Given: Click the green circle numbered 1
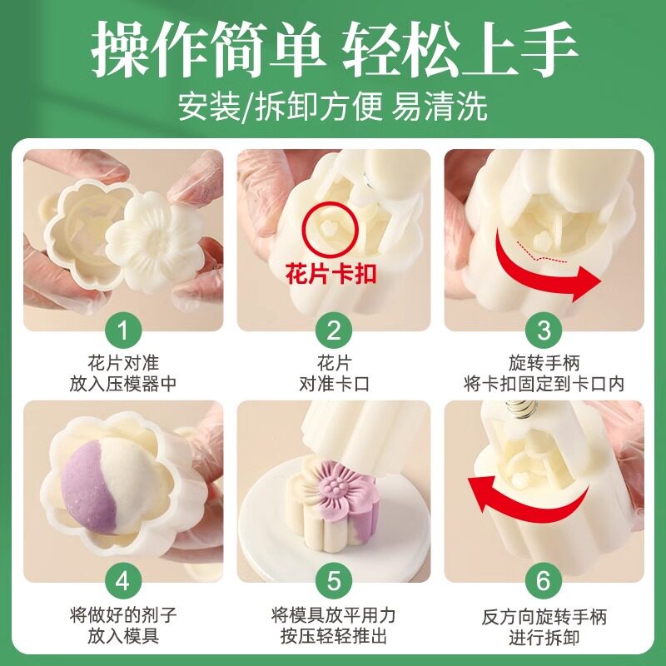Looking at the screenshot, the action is (122, 331).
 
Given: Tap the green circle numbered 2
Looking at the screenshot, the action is (334, 331).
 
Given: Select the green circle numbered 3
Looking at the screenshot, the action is (544, 331).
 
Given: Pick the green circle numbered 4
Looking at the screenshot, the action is (122, 580).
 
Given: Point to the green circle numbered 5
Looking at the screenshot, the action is (334, 580).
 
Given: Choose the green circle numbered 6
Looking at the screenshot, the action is (544, 580).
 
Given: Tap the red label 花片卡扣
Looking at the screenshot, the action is (331, 273).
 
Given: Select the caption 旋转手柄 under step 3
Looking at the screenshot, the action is (544, 363).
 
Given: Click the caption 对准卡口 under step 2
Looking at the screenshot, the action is (335, 385).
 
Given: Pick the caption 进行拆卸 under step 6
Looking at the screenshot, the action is (544, 638).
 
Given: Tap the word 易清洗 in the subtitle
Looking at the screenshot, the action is (439, 107).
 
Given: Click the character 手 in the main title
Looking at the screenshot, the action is (548, 49).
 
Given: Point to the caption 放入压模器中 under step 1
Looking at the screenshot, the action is (123, 385).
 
